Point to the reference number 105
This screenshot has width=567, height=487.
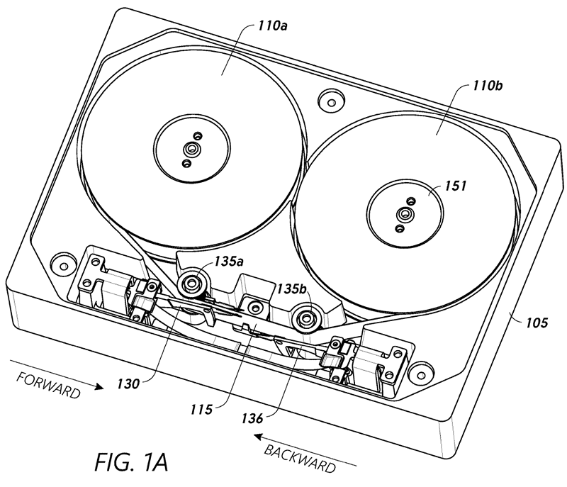tap(537, 323)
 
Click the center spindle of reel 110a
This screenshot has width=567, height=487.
tap(189, 148)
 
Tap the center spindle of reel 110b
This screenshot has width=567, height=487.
tap(405, 213)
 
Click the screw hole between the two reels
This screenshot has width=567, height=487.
tap(327, 99)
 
